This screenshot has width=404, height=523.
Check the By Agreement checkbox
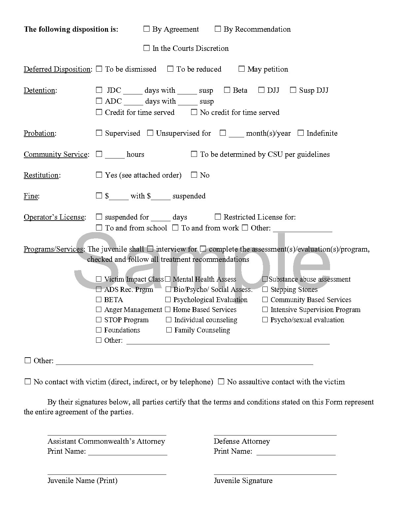(147, 29)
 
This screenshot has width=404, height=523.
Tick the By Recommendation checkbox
(218, 29)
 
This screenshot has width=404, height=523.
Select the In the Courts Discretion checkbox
(147, 48)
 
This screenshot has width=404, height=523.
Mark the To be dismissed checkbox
(99, 69)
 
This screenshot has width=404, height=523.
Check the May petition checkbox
(242, 69)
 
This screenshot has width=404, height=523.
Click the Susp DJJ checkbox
(293, 90)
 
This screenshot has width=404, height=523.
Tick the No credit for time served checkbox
(194, 112)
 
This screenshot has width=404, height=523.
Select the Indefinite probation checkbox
(301, 133)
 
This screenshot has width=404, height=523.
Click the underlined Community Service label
(56, 155)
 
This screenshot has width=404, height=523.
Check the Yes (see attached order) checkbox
(99, 175)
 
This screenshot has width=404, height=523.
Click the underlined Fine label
(31, 196)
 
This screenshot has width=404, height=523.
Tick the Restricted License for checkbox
(218, 217)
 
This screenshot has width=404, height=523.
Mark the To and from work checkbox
(176, 228)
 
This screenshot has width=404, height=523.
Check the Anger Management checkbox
(99, 310)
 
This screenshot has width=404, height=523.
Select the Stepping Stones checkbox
(265, 290)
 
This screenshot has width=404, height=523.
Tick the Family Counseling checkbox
(169, 330)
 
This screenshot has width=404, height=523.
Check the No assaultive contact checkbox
(221, 382)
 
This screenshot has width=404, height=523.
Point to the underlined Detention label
(39, 90)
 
